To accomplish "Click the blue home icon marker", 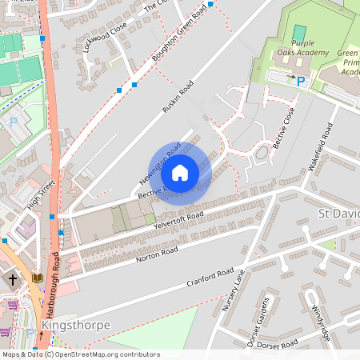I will [x=180, y=171].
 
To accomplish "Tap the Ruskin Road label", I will [x=178, y=98].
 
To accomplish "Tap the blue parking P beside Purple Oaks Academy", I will [x=302, y=81].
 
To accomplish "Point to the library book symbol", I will [x=36, y=278].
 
